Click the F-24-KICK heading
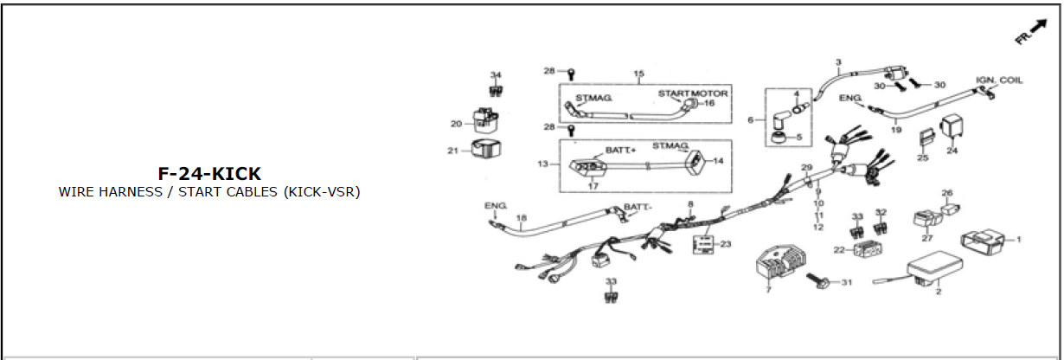[x=209, y=174]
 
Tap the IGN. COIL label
[x=999, y=80]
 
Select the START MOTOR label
[x=693, y=93]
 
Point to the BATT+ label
[x=620, y=150]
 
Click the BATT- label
[x=638, y=207]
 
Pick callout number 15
[x=639, y=74]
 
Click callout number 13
[x=543, y=164]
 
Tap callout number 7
[x=768, y=289]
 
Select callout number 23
[x=725, y=244]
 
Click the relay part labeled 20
[x=485, y=121]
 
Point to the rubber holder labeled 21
[x=486, y=149]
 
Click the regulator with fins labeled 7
[x=780, y=265]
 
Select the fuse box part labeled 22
[x=868, y=249]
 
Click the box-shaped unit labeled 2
[x=934, y=268]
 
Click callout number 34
[x=496, y=75]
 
